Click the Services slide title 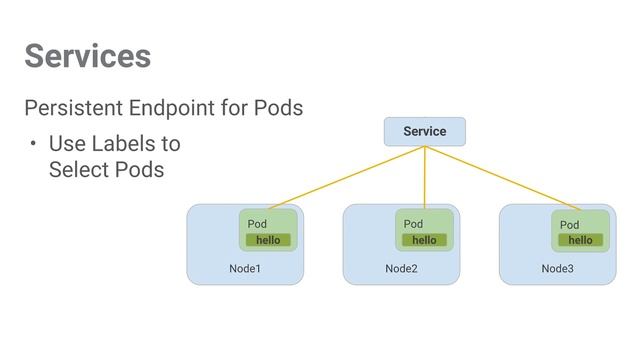click(x=88, y=56)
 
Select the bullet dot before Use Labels click(x=32, y=144)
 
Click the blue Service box click(x=425, y=131)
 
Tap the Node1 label click(x=244, y=269)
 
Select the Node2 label click(x=400, y=269)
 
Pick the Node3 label click(x=557, y=269)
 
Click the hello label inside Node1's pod click(x=268, y=240)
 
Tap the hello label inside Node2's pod click(x=424, y=240)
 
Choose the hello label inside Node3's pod click(x=580, y=240)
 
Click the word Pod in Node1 click(x=258, y=224)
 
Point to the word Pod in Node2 click(x=413, y=224)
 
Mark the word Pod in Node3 click(x=569, y=225)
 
